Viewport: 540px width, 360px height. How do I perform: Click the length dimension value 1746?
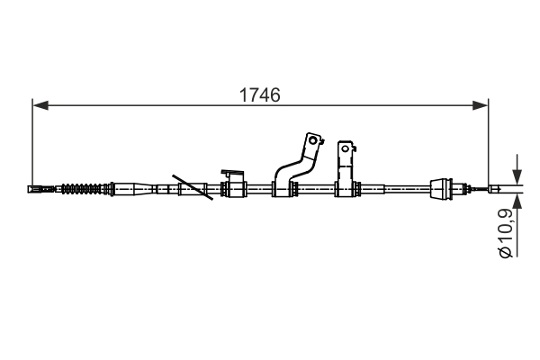[x=260, y=94]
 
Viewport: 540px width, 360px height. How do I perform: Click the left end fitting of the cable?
[x=40, y=189]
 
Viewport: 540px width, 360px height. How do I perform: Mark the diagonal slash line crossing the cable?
[x=193, y=187]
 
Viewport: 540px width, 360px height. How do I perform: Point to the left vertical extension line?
[x=31, y=144]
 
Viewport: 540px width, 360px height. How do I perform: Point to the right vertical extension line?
[x=489, y=144]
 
